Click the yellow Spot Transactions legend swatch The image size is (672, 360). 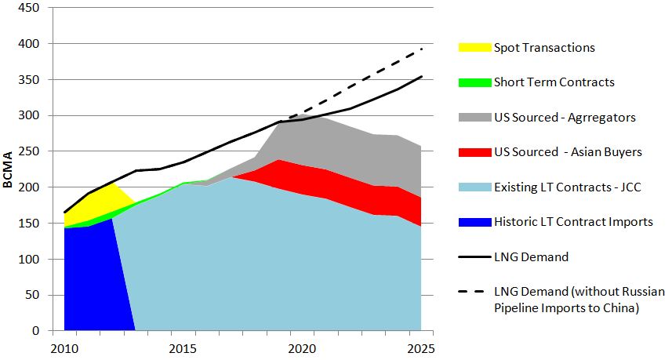(474, 48)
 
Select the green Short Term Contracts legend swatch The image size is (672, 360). (474, 82)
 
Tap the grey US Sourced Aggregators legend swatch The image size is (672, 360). (474, 118)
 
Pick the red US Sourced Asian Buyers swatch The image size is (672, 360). (474, 152)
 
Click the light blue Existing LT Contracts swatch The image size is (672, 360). (474, 187)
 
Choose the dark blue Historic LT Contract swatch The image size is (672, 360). (474, 222)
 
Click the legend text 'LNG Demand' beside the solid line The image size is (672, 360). (531, 256)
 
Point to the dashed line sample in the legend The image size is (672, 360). (474, 292)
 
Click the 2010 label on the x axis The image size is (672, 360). (64, 347)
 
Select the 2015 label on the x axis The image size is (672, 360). (183, 347)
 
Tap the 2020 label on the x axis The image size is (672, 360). (303, 347)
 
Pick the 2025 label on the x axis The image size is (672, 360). (421, 347)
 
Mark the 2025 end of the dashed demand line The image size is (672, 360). (422, 49)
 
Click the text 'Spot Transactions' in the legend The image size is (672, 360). (544, 48)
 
